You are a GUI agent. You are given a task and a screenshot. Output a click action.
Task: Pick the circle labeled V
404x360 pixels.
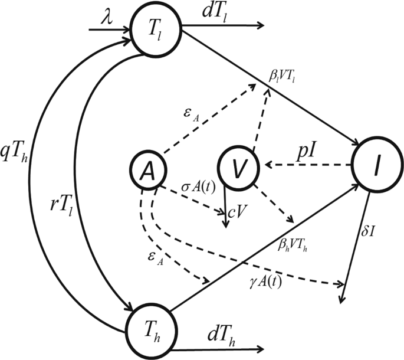pos(238,169)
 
